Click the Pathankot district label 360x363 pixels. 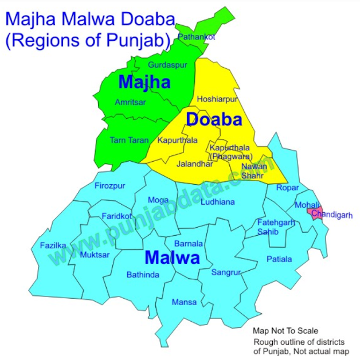(196, 37)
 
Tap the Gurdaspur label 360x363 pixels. (167, 65)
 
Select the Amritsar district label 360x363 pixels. (130, 102)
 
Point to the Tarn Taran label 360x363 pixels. (129, 140)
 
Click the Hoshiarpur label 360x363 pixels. (217, 99)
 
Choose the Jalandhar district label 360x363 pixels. (195, 163)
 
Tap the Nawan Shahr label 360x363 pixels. (254, 170)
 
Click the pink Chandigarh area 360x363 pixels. (315, 212)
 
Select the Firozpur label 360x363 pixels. (109, 186)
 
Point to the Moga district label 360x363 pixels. (158, 200)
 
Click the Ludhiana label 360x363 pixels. (217, 202)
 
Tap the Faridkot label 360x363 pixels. (116, 216)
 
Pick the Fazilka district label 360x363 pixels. (53, 245)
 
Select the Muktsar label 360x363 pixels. (93, 255)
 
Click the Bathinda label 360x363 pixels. (143, 275)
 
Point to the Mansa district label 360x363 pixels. (184, 302)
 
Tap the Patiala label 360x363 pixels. (279, 259)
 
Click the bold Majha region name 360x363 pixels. (144, 82)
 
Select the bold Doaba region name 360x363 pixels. (214, 120)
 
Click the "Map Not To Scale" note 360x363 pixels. (285, 331)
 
